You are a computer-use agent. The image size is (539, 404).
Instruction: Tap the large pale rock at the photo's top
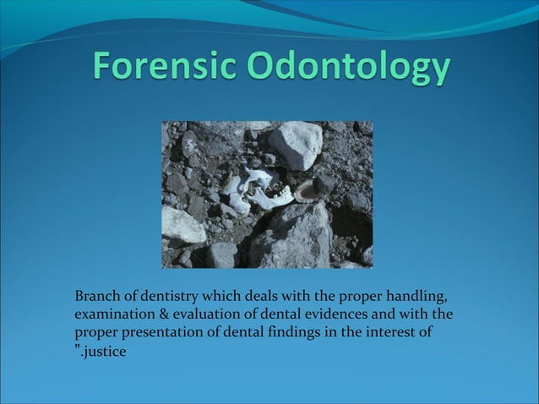296,143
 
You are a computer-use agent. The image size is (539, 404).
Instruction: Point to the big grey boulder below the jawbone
291,237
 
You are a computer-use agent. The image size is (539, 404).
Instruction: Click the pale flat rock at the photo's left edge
182,225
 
